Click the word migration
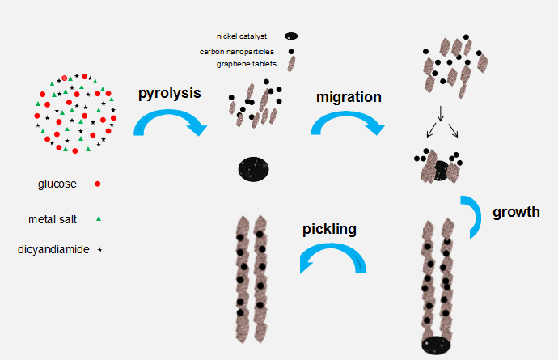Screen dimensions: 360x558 pos(349,97)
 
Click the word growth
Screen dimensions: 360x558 pos(516,213)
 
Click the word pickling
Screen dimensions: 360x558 pos(329,229)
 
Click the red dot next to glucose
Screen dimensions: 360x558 pos(98,184)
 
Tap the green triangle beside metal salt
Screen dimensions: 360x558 pos(98,218)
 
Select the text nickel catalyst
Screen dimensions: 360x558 pos(243,36)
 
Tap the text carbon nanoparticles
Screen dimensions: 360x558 pos(236,51)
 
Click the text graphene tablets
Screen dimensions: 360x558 pos(243,64)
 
